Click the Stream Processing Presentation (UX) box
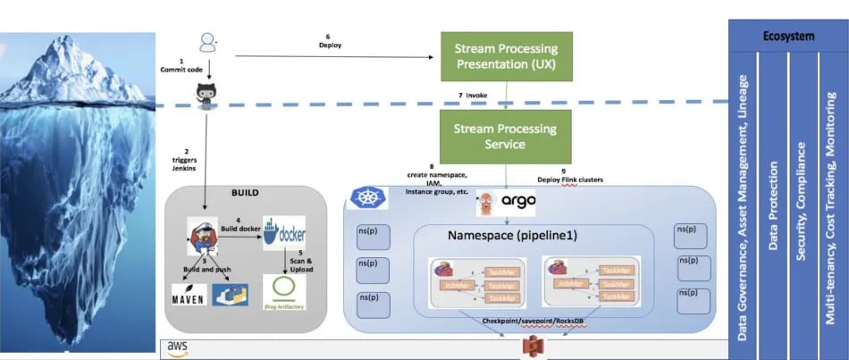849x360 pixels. tap(506, 56)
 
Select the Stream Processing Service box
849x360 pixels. tap(506, 136)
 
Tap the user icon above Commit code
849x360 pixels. tap(208, 42)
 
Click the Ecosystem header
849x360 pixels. tap(787, 37)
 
